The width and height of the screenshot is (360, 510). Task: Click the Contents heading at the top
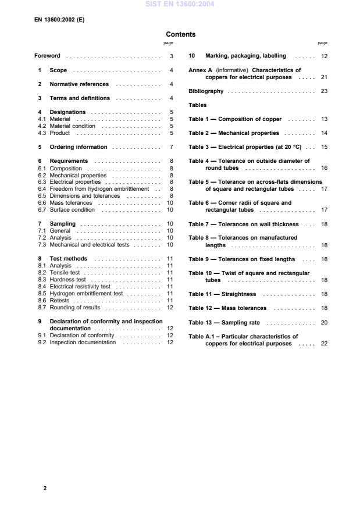pos(180,34)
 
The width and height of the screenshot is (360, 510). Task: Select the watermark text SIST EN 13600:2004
pos(180,3)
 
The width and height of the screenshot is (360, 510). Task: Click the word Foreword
pos(48,56)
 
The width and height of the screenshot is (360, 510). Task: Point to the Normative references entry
pos(79,84)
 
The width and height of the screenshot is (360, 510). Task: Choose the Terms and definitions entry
pos(79,98)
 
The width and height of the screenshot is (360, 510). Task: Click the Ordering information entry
pos(79,147)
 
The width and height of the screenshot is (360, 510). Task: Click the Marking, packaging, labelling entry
pos(245,56)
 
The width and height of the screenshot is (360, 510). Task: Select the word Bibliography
pos(206,91)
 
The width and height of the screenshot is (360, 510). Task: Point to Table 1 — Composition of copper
pos(235,119)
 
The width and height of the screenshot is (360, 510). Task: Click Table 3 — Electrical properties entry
pos(245,147)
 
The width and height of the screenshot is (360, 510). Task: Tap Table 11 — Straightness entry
pos(222,294)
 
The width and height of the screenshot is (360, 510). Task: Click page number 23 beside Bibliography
pos(324,91)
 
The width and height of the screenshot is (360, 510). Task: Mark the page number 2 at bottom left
pos(45,488)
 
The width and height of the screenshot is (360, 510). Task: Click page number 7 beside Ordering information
pos(172,147)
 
